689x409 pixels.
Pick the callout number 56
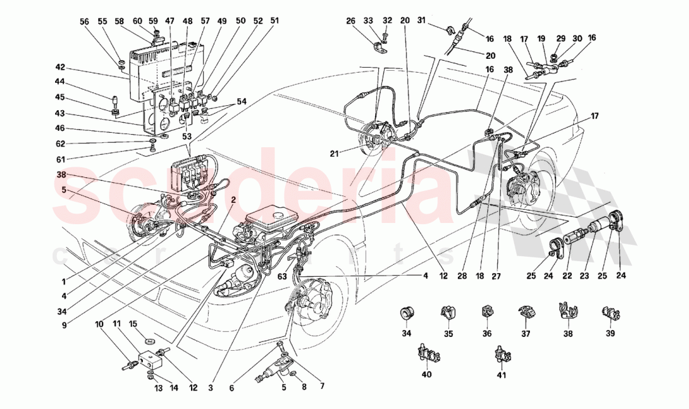point(85,21)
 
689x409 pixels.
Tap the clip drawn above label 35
point(448,311)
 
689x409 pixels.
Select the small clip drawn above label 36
point(487,311)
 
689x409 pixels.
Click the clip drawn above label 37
point(525,311)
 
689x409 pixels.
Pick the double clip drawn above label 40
point(427,355)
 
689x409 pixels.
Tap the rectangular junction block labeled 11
point(150,360)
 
